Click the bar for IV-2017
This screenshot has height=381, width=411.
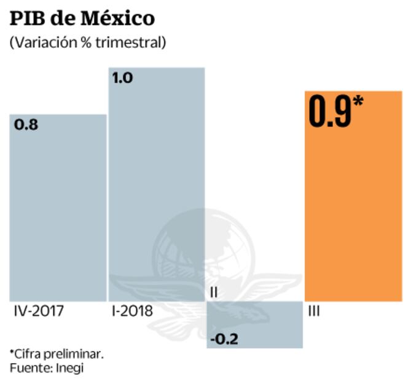(58, 209)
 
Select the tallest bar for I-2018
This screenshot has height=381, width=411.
(156, 184)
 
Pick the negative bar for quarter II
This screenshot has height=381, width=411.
(255, 324)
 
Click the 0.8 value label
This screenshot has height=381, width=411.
(25, 125)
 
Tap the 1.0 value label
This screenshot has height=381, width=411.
(122, 78)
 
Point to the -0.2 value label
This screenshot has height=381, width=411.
(224, 339)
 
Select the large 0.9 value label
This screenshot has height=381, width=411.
(330, 111)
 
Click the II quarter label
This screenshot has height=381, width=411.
(213, 293)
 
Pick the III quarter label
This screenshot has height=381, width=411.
(313, 311)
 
